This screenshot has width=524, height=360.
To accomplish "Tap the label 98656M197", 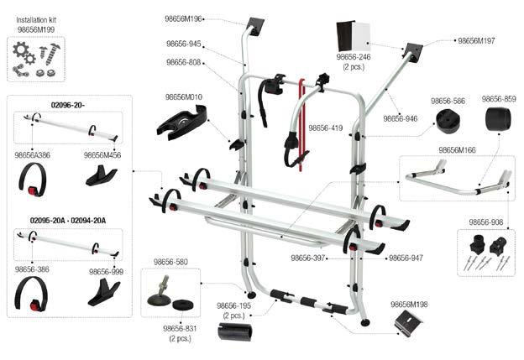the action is [x=476, y=39].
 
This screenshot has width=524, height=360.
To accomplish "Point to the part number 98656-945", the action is [x=184, y=44].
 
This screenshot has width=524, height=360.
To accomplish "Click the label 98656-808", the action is [x=184, y=61].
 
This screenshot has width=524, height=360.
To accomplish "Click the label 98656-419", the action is [x=326, y=128].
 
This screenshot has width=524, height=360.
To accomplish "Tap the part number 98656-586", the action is [x=448, y=101].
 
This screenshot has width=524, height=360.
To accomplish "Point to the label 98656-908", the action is [x=485, y=222].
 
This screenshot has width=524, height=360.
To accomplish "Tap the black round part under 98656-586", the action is [x=448, y=120].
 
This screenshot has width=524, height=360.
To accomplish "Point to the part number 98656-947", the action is [x=406, y=258].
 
